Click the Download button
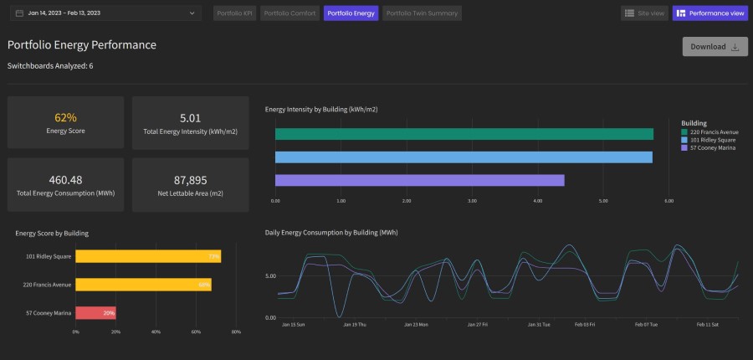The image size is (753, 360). (715, 47)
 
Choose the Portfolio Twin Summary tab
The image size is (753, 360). (422, 13)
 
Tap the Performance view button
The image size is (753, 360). (709, 13)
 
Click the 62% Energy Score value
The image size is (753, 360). (65, 117)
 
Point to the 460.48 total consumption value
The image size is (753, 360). (65, 179)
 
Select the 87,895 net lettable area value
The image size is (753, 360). (190, 179)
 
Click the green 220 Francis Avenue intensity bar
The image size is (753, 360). (464, 134)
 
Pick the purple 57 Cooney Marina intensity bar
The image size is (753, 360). (419, 180)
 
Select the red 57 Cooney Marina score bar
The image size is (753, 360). (95, 313)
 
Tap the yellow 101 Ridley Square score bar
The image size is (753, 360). (147, 255)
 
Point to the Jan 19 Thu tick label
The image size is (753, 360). (354, 324)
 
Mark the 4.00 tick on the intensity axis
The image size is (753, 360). (537, 201)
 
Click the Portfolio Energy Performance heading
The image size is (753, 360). (82, 45)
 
